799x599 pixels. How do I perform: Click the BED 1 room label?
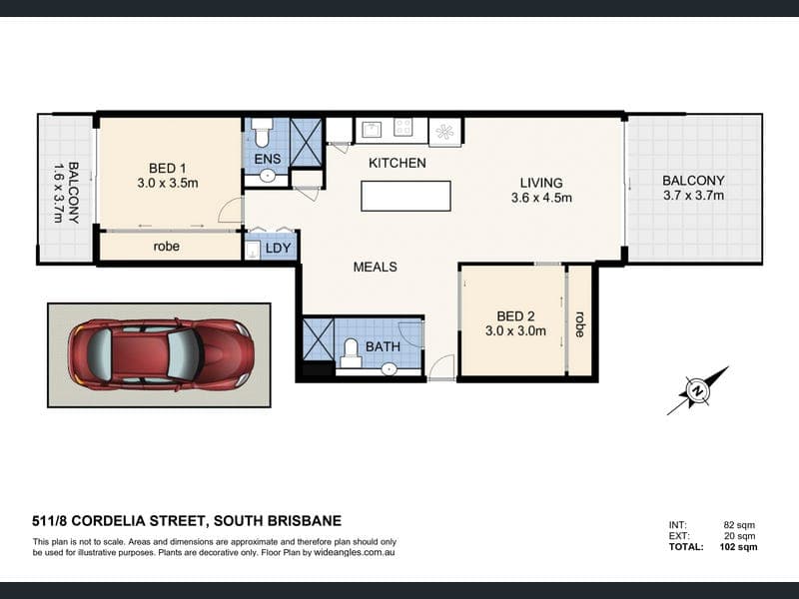(167, 168)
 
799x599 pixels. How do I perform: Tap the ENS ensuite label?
(268, 159)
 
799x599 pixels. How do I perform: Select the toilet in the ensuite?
(263, 131)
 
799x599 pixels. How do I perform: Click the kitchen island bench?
(405, 196)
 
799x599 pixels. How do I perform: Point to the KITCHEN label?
(397, 163)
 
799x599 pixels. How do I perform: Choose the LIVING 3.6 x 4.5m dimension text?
(541, 197)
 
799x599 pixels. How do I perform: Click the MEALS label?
(376, 267)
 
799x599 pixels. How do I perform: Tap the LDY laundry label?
(279, 248)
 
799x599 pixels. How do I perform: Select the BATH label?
(383, 346)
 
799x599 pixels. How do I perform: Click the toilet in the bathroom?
(351, 352)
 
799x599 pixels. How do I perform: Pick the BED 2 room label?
(516, 316)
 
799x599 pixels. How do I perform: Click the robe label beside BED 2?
(579, 323)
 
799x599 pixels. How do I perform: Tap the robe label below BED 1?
(167, 247)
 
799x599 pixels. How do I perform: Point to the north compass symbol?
(697, 390)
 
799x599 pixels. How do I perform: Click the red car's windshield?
(184, 353)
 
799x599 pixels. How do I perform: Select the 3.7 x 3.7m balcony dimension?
(693, 195)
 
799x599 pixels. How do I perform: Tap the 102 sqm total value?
(738, 547)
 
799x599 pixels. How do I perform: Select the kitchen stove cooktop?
(403, 128)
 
